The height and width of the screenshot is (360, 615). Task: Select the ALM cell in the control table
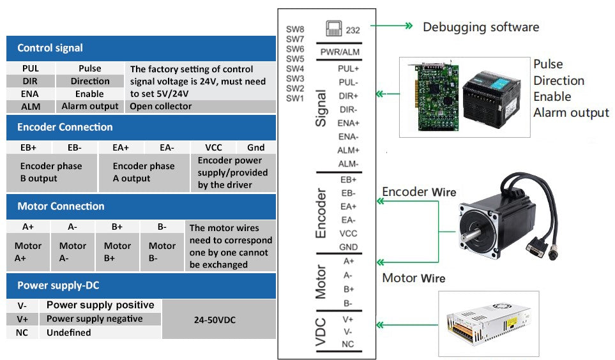[x=30, y=107]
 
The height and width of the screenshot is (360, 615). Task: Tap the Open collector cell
[x=160, y=107]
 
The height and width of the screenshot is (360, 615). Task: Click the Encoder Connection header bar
[x=65, y=127]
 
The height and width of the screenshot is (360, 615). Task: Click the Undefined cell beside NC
[x=68, y=333]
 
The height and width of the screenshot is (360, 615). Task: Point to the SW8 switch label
[x=295, y=29]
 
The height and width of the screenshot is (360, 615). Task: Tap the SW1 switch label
[x=295, y=98]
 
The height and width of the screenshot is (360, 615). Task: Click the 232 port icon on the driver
[x=334, y=29]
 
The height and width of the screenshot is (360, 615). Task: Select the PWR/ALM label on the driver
[x=339, y=52]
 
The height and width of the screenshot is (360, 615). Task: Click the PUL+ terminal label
[x=348, y=68]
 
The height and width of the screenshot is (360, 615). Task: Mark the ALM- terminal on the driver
[x=348, y=164]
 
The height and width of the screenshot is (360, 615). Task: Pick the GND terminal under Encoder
[x=348, y=247]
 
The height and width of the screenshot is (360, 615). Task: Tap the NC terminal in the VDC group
[x=348, y=344]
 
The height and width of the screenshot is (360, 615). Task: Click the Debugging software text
[x=481, y=27]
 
